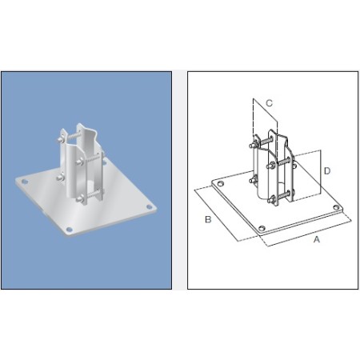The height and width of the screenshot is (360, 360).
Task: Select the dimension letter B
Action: click(207, 220)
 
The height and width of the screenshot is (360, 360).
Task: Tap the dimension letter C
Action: click(270, 102)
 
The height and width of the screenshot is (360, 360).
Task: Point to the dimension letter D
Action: click(326, 171)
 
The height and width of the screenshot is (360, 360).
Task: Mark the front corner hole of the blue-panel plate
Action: click(71, 230)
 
